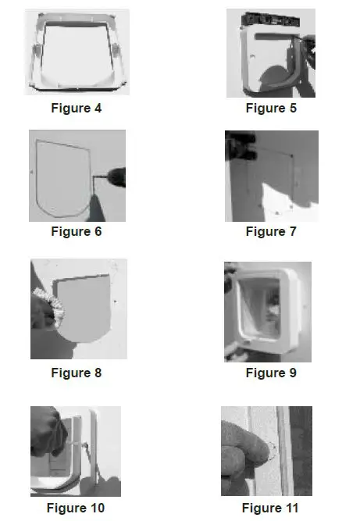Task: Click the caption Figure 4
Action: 77,108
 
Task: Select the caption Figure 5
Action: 271,108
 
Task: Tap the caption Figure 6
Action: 77,231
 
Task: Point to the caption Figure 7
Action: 271,231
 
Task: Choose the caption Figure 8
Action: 77,373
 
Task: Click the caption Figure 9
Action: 271,373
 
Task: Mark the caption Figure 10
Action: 77,508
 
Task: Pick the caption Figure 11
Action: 270,508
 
